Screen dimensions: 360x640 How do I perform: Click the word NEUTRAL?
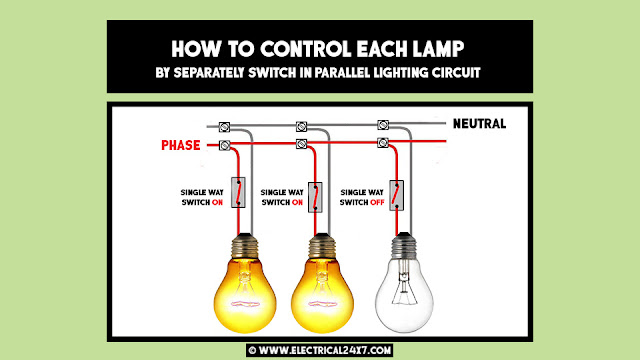click(x=479, y=124)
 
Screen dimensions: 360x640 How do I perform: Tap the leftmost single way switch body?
click(x=238, y=192)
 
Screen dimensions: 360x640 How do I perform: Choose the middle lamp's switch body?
click(x=319, y=192)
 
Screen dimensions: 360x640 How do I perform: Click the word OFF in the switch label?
click(x=378, y=203)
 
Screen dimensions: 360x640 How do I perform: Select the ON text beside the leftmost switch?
click(x=215, y=203)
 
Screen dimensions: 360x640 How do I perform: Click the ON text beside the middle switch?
click(x=297, y=203)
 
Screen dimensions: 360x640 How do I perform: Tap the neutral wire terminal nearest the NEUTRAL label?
click(x=383, y=125)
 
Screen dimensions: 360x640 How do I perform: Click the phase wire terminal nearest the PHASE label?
click(x=224, y=146)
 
